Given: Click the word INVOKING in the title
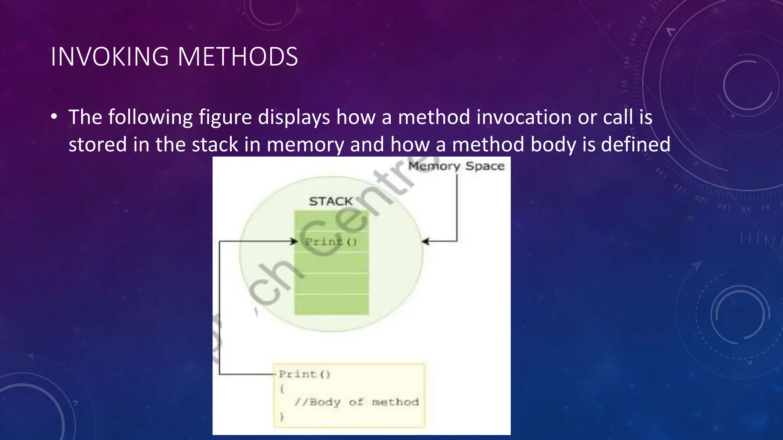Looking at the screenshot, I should [x=109, y=57].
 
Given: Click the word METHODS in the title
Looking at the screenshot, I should [x=237, y=57].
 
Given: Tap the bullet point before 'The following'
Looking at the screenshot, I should [x=54, y=117].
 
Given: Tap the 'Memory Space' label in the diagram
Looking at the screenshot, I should [x=456, y=166].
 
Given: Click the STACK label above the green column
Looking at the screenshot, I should [x=331, y=201].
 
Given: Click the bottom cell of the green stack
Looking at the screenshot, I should [x=331, y=305].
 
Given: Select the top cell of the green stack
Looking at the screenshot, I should [x=331, y=221].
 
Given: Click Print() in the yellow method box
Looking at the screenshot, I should [x=304, y=374].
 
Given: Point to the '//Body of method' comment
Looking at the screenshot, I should [x=356, y=402].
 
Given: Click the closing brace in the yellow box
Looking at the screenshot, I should [x=282, y=417].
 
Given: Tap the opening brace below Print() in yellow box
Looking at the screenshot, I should [x=282, y=389].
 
